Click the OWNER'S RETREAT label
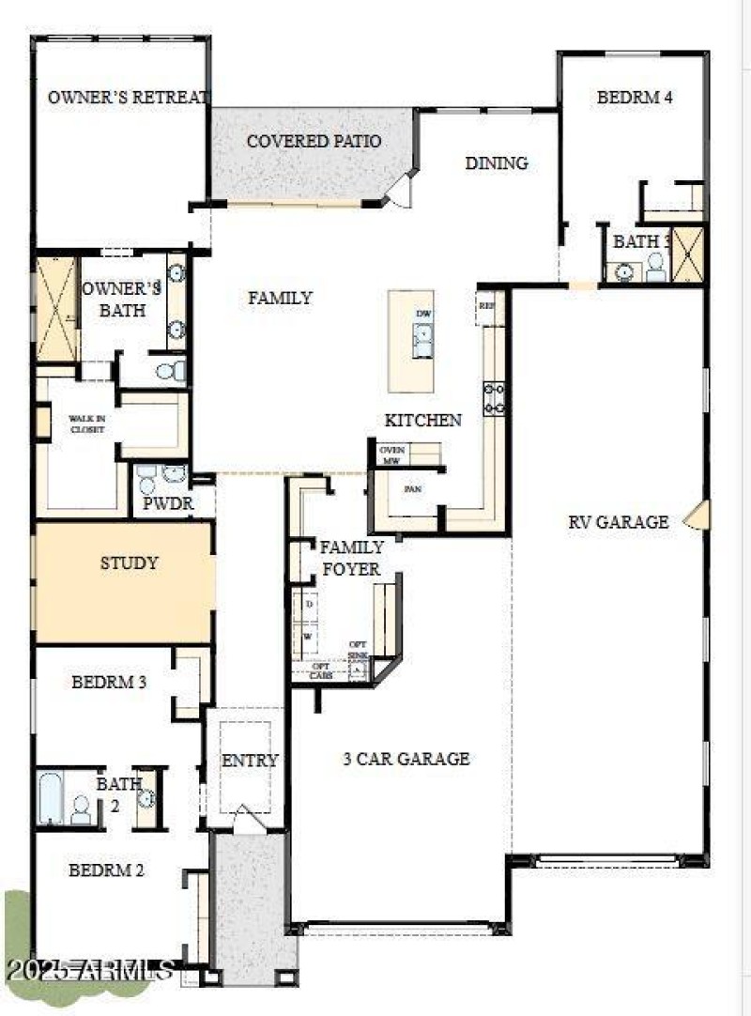129,97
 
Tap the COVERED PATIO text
314,142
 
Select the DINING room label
497,163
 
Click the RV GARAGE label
618,522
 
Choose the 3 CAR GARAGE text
406,759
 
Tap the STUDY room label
129,563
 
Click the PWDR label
168,503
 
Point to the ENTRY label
250,761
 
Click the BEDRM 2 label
106,870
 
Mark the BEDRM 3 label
109,683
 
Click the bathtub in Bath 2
51,797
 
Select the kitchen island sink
422,335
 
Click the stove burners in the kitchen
495,398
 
